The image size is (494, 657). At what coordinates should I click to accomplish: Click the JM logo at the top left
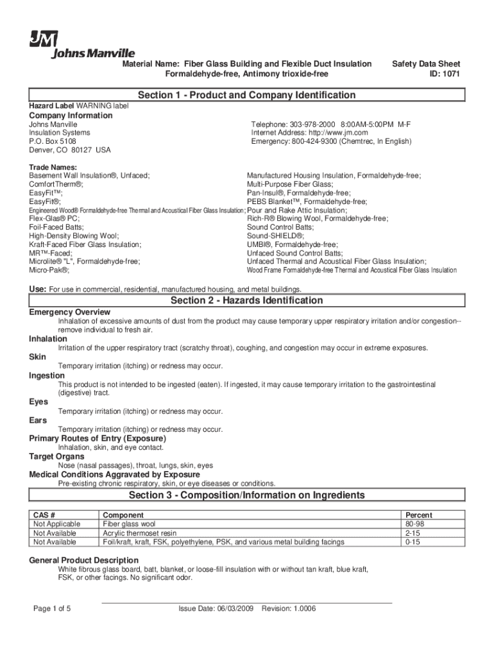click(x=43, y=39)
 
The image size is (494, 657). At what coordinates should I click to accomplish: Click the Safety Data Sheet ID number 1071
click(x=451, y=74)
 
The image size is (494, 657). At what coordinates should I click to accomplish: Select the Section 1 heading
click(x=246, y=95)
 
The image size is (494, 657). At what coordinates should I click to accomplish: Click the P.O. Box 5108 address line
click(x=53, y=141)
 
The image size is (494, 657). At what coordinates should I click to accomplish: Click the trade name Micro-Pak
click(x=49, y=270)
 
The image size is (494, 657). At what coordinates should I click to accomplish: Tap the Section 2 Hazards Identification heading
click(x=246, y=301)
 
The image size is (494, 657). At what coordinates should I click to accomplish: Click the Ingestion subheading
click(x=47, y=375)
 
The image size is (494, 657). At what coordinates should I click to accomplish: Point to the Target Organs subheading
click(x=56, y=456)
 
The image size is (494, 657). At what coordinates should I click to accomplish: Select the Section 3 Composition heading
click(x=246, y=495)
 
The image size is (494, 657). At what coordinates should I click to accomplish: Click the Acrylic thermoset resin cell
click(x=140, y=533)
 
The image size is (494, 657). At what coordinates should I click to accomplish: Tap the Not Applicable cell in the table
click(x=55, y=524)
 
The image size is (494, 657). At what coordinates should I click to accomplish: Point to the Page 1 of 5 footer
click(x=52, y=609)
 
